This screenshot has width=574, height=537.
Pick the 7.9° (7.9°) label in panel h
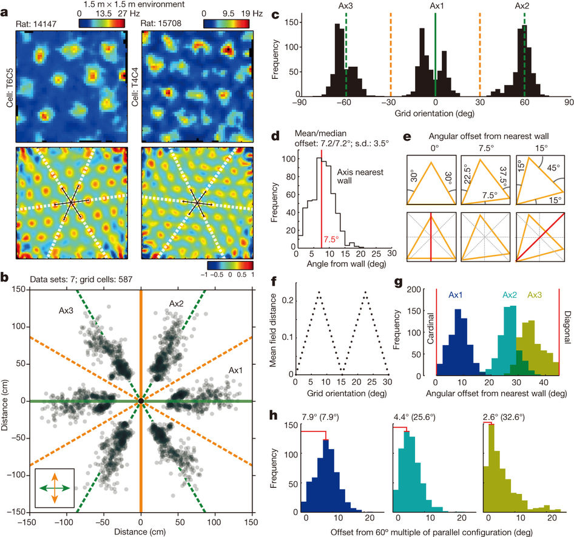(325, 416)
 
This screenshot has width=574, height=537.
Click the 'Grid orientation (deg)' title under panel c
(434, 113)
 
